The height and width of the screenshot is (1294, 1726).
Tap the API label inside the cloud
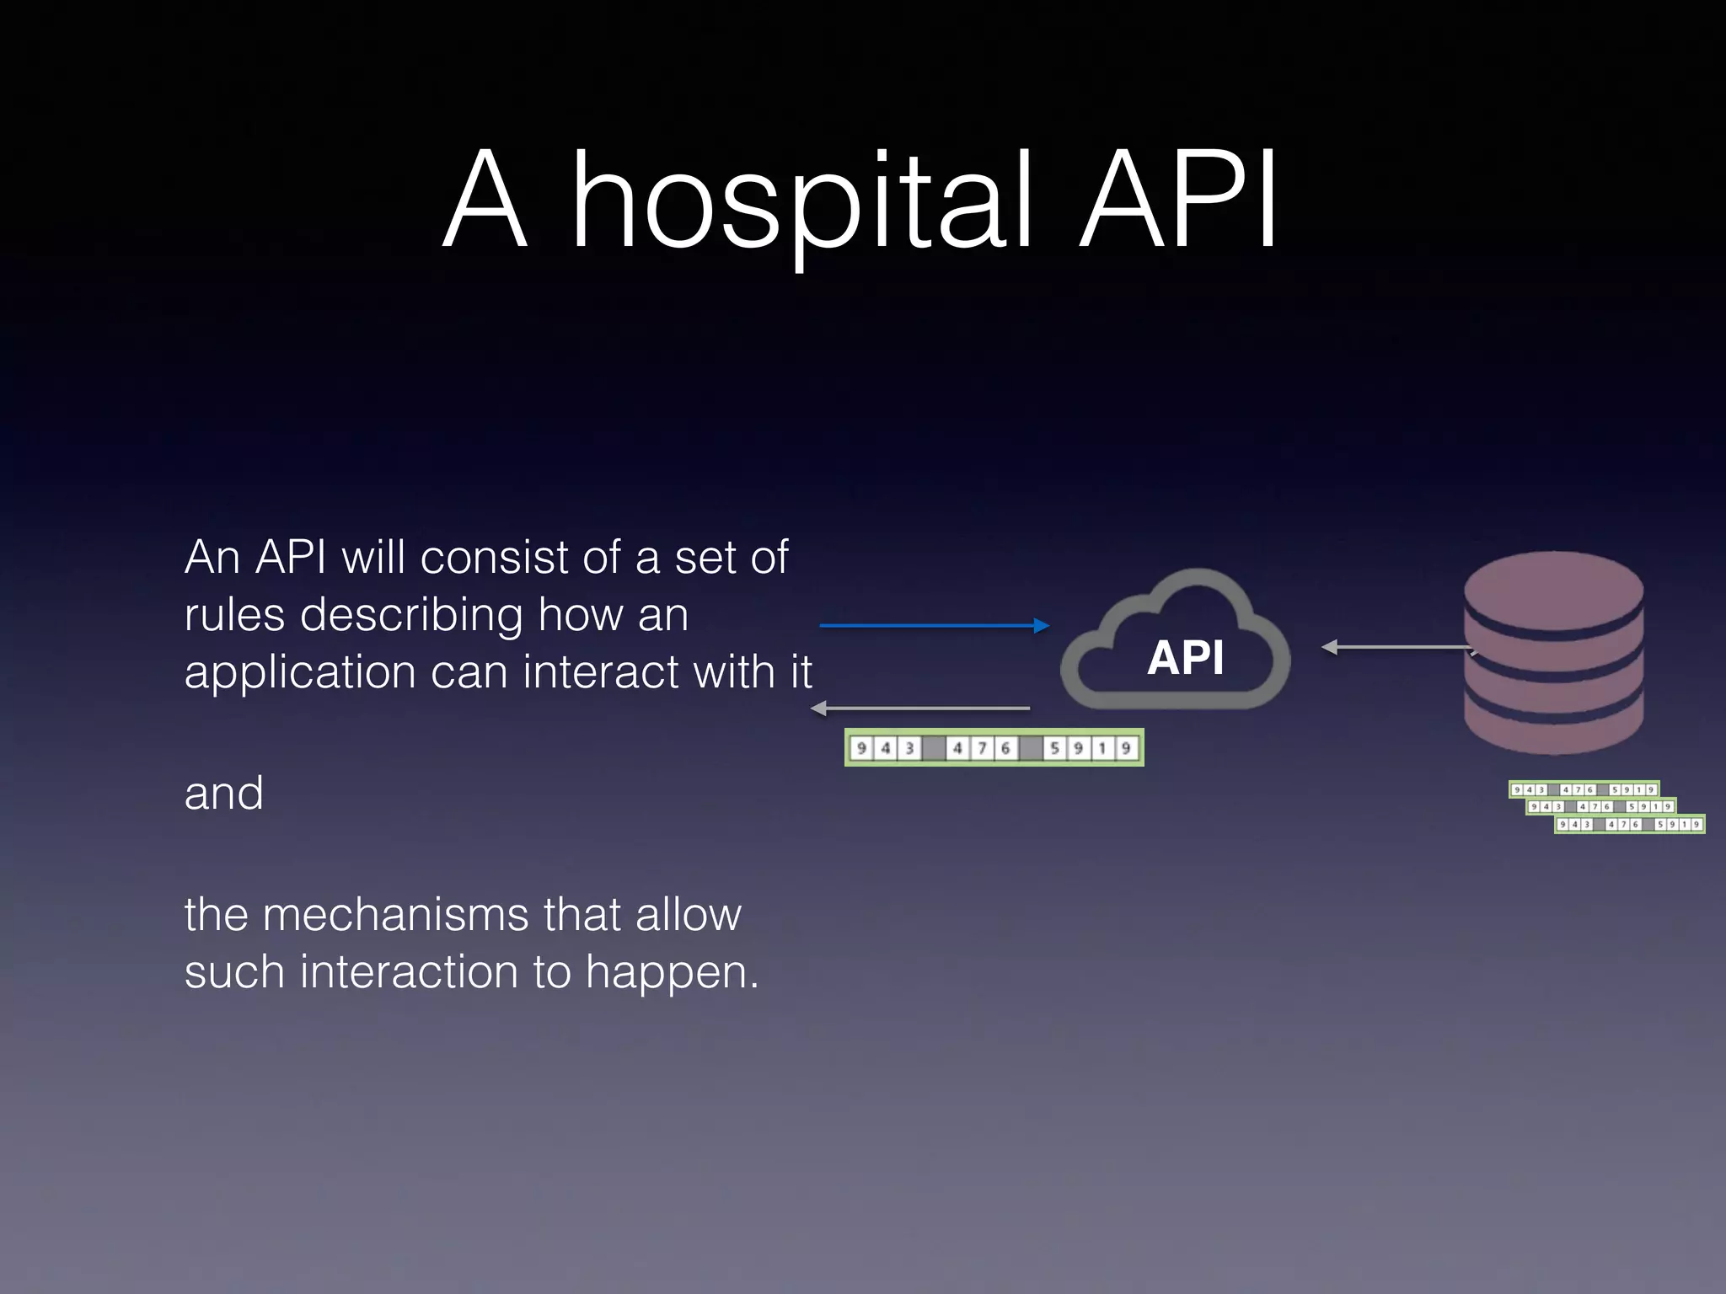pos(1185,657)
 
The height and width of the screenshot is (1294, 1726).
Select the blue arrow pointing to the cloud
pos(934,625)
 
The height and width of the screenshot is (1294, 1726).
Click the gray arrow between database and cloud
pos(1399,647)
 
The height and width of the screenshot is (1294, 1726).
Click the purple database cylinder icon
pos(1553,653)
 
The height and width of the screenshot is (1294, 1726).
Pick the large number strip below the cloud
pos(994,748)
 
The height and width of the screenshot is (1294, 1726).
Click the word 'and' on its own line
pos(223,794)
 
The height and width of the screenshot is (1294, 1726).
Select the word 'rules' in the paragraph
pos(235,615)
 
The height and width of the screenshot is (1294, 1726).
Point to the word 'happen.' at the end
pos(672,973)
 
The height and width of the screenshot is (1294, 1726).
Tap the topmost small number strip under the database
pos(1584,789)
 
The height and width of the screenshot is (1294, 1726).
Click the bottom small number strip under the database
pos(1630,824)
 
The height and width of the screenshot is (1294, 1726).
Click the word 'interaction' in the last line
pos(409,971)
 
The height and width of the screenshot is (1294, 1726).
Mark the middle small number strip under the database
pos(1601,807)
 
